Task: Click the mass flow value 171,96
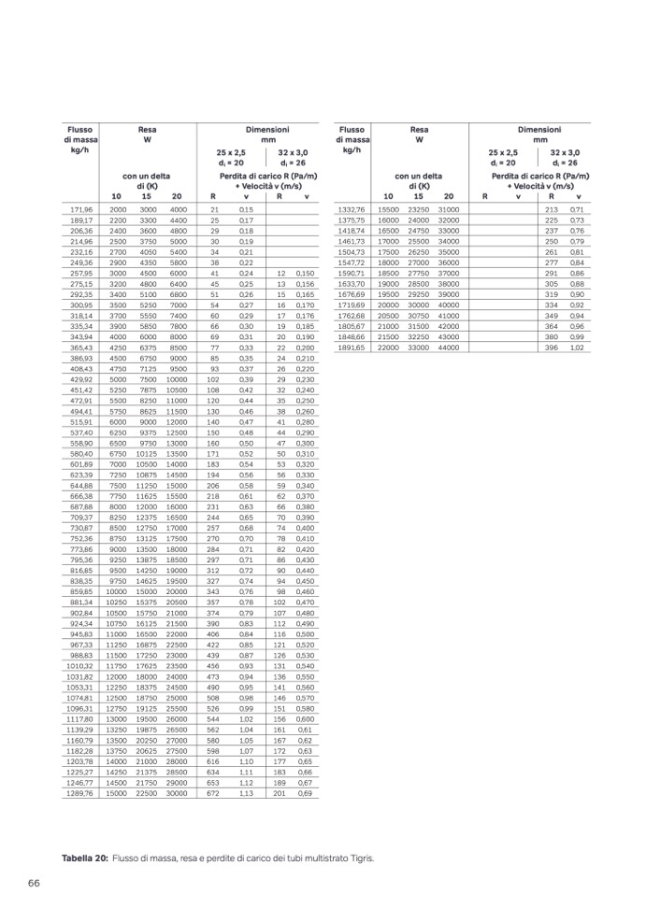[81, 209]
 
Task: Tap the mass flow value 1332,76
[352, 209]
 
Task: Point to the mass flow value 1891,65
[352, 348]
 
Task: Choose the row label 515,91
[81, 422]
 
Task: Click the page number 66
[33, 883]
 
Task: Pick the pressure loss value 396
[551, 348]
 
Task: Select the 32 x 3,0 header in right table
[565, 151]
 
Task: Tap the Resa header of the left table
[147, 129]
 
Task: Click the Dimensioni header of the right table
[540, 129]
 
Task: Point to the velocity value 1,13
[246, 793]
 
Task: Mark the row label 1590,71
[352, 273]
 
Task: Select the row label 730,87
[81, 528]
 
